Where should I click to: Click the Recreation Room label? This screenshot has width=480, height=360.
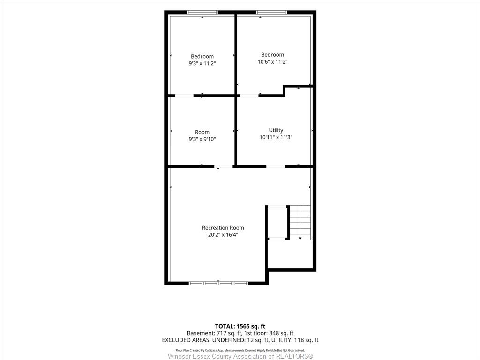pos(223,228)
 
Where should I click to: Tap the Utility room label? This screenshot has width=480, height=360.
pos(276,130)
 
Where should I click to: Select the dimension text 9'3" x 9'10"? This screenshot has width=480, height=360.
pos(202,139)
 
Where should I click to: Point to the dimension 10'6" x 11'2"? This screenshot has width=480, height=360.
pos(272,62)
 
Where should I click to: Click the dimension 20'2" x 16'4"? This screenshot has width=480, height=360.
pos(223,235)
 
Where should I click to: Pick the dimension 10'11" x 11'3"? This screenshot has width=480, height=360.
pos(276,137)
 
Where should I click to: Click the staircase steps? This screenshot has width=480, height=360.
pos(300,222)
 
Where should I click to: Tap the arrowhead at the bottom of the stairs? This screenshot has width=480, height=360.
pos(300,238)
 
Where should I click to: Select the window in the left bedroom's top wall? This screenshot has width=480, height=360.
pos(202,12)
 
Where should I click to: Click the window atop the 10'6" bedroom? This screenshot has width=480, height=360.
pos(271,12)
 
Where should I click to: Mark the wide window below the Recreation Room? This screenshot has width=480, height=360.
pos(218,283)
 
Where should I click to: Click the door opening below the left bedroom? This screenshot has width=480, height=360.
pos(184,96)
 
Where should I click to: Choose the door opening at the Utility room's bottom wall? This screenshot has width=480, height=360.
pos(276,166)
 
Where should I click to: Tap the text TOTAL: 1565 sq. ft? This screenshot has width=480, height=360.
pos(240,326)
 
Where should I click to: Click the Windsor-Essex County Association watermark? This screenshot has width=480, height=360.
pos(240,356)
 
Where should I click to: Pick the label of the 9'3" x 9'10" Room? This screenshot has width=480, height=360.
pos(202,132)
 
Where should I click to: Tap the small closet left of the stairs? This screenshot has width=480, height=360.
pos(277,223)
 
